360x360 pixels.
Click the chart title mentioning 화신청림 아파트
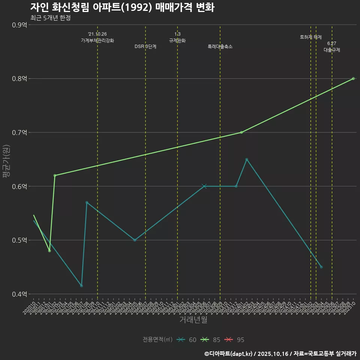point(122,7)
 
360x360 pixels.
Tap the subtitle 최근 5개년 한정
point(50,18)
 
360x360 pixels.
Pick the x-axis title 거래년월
point(193,320)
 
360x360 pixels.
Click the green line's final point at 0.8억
point(353,78)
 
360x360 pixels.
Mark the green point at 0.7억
point(241,132)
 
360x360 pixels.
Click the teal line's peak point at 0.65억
point(247,159)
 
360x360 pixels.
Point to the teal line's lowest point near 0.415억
point(81,286)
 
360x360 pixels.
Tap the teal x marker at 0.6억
point(204,186)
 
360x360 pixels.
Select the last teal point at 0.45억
point(321,267)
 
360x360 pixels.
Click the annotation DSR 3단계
point(145,46)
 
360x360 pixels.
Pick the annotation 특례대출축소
point(220,46)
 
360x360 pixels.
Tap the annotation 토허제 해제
point(311,37)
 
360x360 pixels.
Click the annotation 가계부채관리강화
point(97,40)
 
